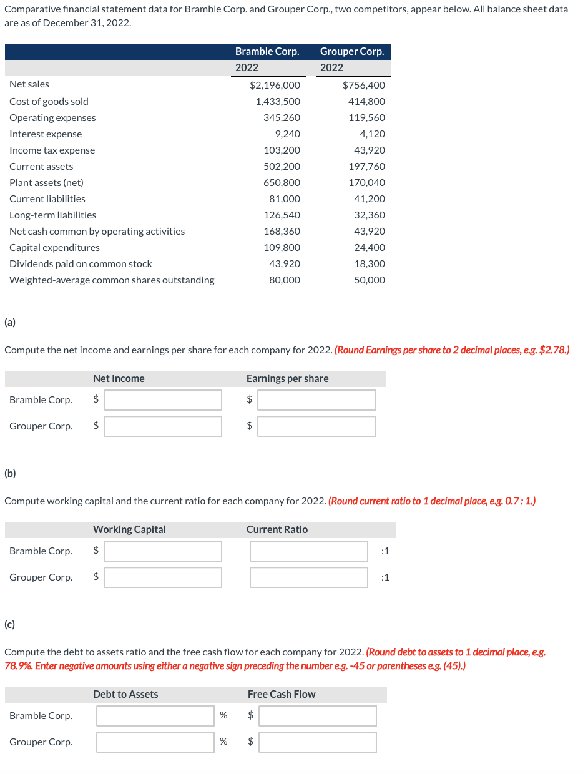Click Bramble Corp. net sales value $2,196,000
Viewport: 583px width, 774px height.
[275, 85]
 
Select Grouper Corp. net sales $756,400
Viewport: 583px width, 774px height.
[364, 85]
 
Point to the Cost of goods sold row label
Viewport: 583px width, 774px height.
[49, 101]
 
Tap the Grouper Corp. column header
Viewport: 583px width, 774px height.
[352, 51]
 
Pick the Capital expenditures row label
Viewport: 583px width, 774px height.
[54, 247]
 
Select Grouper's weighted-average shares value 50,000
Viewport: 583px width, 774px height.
[370, 280]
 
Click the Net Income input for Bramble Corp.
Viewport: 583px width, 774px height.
[163, 400]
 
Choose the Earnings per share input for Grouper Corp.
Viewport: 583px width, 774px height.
[316, 426]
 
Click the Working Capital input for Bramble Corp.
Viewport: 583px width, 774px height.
[163, 551]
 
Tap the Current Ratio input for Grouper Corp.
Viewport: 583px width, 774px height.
[309, 577]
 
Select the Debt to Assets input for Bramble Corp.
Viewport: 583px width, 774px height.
[155, 716]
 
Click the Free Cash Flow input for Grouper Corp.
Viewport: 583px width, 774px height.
[318, 742]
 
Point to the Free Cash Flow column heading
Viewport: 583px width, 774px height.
[282, 694]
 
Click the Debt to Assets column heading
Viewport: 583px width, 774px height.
[125, 694]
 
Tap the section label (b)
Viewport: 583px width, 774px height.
[10, 473]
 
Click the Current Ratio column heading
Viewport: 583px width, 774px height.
[277, 529]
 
